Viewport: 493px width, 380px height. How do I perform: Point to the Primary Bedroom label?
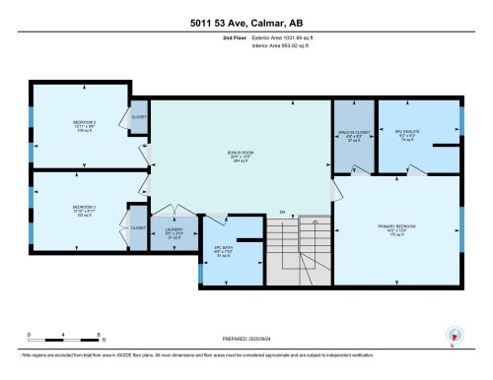[x=397, y=230]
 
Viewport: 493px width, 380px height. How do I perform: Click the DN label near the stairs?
[x=282, y=213]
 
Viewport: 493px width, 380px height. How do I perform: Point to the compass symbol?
[x=452, y=335]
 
